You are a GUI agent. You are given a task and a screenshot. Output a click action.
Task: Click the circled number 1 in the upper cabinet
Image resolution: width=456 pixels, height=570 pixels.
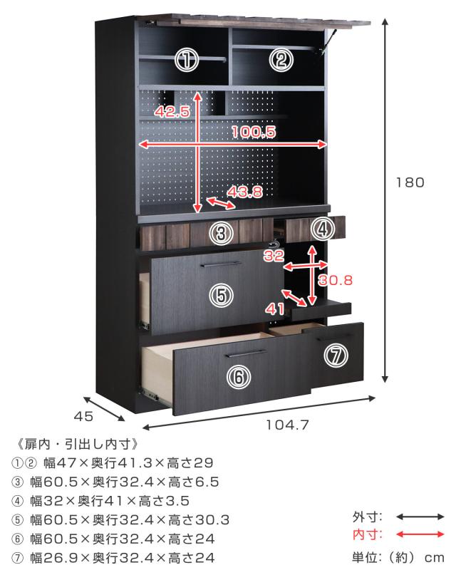pos(187,60)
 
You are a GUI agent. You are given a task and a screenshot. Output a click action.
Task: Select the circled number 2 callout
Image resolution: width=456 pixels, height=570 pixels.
pos(281,60)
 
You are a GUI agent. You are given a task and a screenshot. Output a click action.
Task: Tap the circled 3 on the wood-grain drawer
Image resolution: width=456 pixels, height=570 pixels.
pos(221,233)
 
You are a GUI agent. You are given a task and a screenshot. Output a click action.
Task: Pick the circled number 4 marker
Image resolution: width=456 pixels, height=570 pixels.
pos(323,229)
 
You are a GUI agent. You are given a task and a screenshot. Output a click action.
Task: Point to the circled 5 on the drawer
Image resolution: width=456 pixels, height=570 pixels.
pos(222,295)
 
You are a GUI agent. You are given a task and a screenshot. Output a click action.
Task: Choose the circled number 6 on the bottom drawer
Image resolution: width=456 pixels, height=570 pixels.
pos(239,377)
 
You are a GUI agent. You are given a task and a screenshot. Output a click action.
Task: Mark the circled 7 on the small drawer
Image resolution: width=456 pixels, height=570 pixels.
pos(336,356)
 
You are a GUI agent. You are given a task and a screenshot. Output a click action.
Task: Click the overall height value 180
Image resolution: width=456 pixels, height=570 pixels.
pos(410,182)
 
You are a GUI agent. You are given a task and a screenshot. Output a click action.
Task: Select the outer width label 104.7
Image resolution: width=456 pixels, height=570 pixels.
pos(287,424)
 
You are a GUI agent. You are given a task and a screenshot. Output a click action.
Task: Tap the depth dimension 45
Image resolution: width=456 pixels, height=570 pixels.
pos(83,416)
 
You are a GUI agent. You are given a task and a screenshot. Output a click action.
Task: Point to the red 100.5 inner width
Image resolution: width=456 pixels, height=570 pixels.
pos(254,132)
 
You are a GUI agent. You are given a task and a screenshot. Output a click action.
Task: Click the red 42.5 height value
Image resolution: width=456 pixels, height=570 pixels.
pos(172,111)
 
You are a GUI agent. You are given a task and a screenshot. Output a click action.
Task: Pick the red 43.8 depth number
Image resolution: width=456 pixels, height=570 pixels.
pos(244,192)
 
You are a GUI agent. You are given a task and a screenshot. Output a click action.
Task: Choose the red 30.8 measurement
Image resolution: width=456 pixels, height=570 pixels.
pos(336,280)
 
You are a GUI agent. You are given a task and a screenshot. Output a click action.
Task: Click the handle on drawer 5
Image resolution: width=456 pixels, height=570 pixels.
pos(222,264)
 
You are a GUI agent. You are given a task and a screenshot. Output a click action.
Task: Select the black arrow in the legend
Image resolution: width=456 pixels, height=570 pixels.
pos(420,517)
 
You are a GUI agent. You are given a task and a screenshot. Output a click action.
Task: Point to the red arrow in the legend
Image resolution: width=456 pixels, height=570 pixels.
pos(420,534)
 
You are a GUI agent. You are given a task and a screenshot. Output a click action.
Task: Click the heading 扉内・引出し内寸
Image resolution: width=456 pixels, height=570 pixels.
pos(78,444)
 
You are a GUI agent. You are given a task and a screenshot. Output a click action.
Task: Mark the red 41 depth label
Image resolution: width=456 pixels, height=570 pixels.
pos(274,309)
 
